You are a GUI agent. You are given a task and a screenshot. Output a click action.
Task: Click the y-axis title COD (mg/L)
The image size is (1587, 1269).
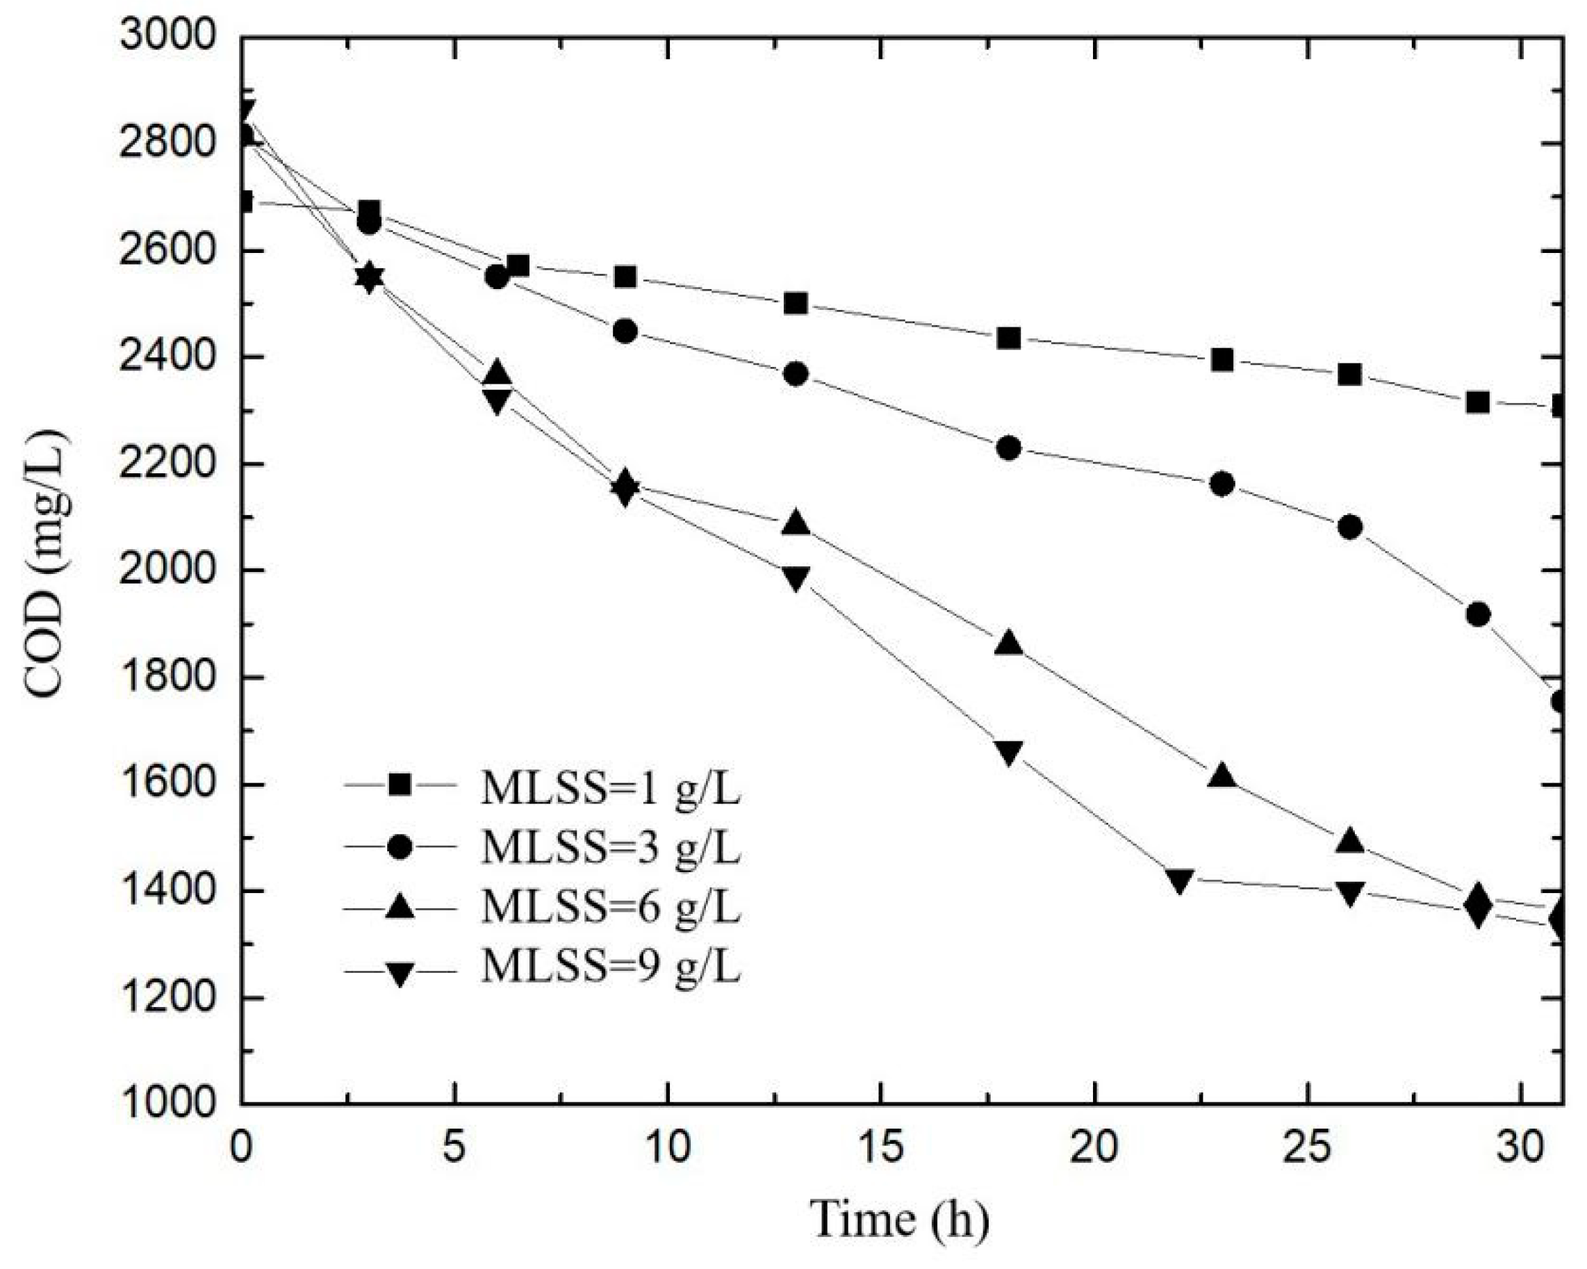[46, 567]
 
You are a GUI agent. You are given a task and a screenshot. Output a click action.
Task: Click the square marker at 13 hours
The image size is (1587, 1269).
[796, 303]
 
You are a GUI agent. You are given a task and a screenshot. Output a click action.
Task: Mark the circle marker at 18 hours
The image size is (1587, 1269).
[1008, 448]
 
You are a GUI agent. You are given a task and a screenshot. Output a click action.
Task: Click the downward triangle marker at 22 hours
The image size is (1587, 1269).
[1179, 880]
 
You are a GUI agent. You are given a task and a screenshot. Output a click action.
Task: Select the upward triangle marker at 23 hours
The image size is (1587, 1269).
[1222, 777]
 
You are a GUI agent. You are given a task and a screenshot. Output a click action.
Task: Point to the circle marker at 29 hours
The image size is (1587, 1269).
[1478, 614]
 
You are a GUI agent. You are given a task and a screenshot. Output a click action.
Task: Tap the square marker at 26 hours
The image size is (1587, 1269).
[1349, 375]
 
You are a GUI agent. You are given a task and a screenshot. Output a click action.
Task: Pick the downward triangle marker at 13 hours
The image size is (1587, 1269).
[796, 578]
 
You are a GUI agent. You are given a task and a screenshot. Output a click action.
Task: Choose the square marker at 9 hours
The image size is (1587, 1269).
[625, 277]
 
